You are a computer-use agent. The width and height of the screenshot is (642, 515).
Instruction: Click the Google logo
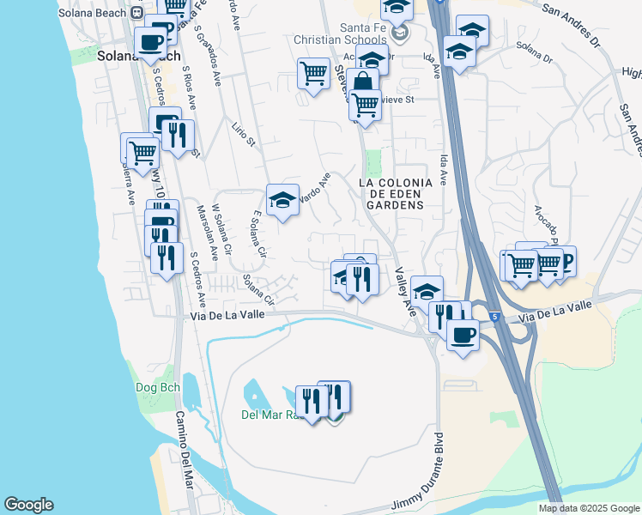[28, 505]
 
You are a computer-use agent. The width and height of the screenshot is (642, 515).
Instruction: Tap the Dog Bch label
[158, 387]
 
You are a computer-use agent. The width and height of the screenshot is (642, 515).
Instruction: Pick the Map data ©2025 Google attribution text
[588, 508]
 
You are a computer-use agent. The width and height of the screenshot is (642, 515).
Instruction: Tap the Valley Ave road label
[405, 293]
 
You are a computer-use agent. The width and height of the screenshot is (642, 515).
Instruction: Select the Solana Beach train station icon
[136, 12]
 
